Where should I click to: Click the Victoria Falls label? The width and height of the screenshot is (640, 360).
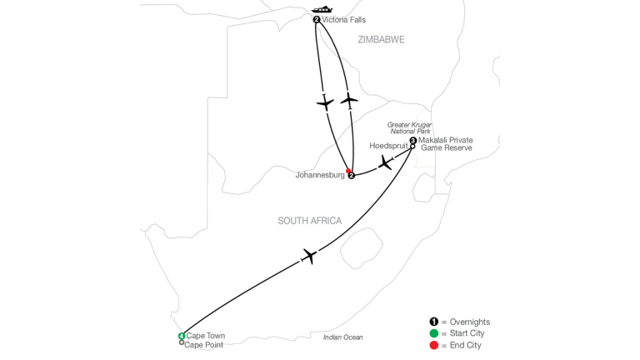click(343, 20)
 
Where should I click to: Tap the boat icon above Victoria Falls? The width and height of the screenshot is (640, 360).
click(322, 9)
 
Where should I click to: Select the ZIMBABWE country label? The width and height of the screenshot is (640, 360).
click(381, 40)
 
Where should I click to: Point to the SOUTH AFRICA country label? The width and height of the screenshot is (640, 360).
click(310, 221)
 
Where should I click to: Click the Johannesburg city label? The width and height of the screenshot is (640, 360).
click(320, 175)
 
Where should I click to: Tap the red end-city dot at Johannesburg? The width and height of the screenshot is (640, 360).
click(348, 171)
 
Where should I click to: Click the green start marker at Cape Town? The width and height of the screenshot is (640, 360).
click(182, 336)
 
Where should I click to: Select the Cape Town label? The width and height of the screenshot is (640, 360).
click(206, 336)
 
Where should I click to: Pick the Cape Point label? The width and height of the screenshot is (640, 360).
click(203, 345)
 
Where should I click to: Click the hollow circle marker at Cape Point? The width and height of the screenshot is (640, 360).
click(182, 342)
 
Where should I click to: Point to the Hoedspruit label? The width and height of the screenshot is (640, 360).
click(388, 146)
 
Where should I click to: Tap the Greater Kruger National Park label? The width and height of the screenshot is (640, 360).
click(409, 128)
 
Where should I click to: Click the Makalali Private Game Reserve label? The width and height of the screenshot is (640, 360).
click(446, 143)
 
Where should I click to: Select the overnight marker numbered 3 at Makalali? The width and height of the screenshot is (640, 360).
click(413, 140)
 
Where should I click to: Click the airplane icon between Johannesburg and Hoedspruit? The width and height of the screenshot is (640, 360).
click(385, 162)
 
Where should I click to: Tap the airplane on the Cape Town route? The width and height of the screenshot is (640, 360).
click(309, 257)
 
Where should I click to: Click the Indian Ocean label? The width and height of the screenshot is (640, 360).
click(342, 337)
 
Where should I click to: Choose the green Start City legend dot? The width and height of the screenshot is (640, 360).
click(434, 333)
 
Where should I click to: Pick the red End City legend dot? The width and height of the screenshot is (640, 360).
click(434, 345)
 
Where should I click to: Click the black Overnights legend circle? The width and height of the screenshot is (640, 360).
click(434, 322)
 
